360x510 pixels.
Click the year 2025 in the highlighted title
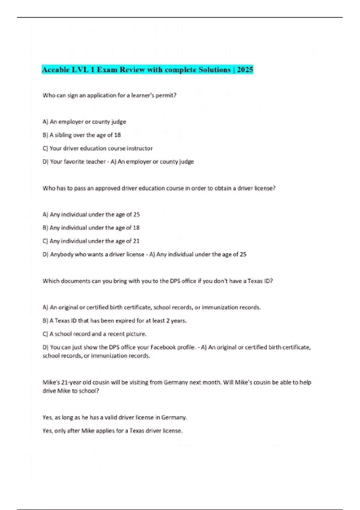coord(245,70)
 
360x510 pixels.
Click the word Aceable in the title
coord(56,70)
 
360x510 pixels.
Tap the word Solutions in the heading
coord(214,70)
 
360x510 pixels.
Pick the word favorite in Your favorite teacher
coord(74,161)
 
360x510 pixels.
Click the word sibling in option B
coord(63,135)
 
